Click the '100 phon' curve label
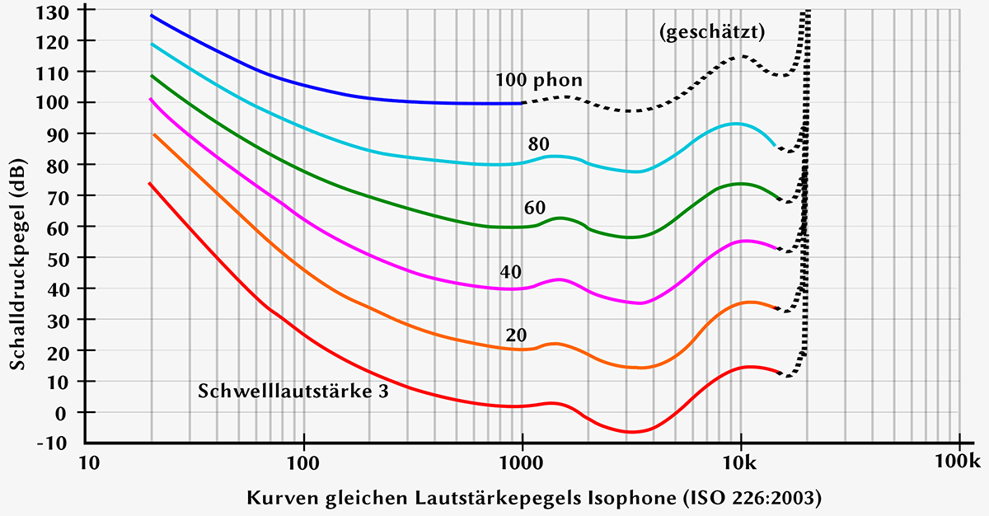(539, 80)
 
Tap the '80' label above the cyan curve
(539, 144)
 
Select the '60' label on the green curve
(535, 208)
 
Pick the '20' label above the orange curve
(517, 335)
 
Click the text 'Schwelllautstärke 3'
(293, 391)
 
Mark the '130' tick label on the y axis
(60, 10)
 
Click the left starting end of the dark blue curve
(152, 16)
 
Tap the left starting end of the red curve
(149, 184)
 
